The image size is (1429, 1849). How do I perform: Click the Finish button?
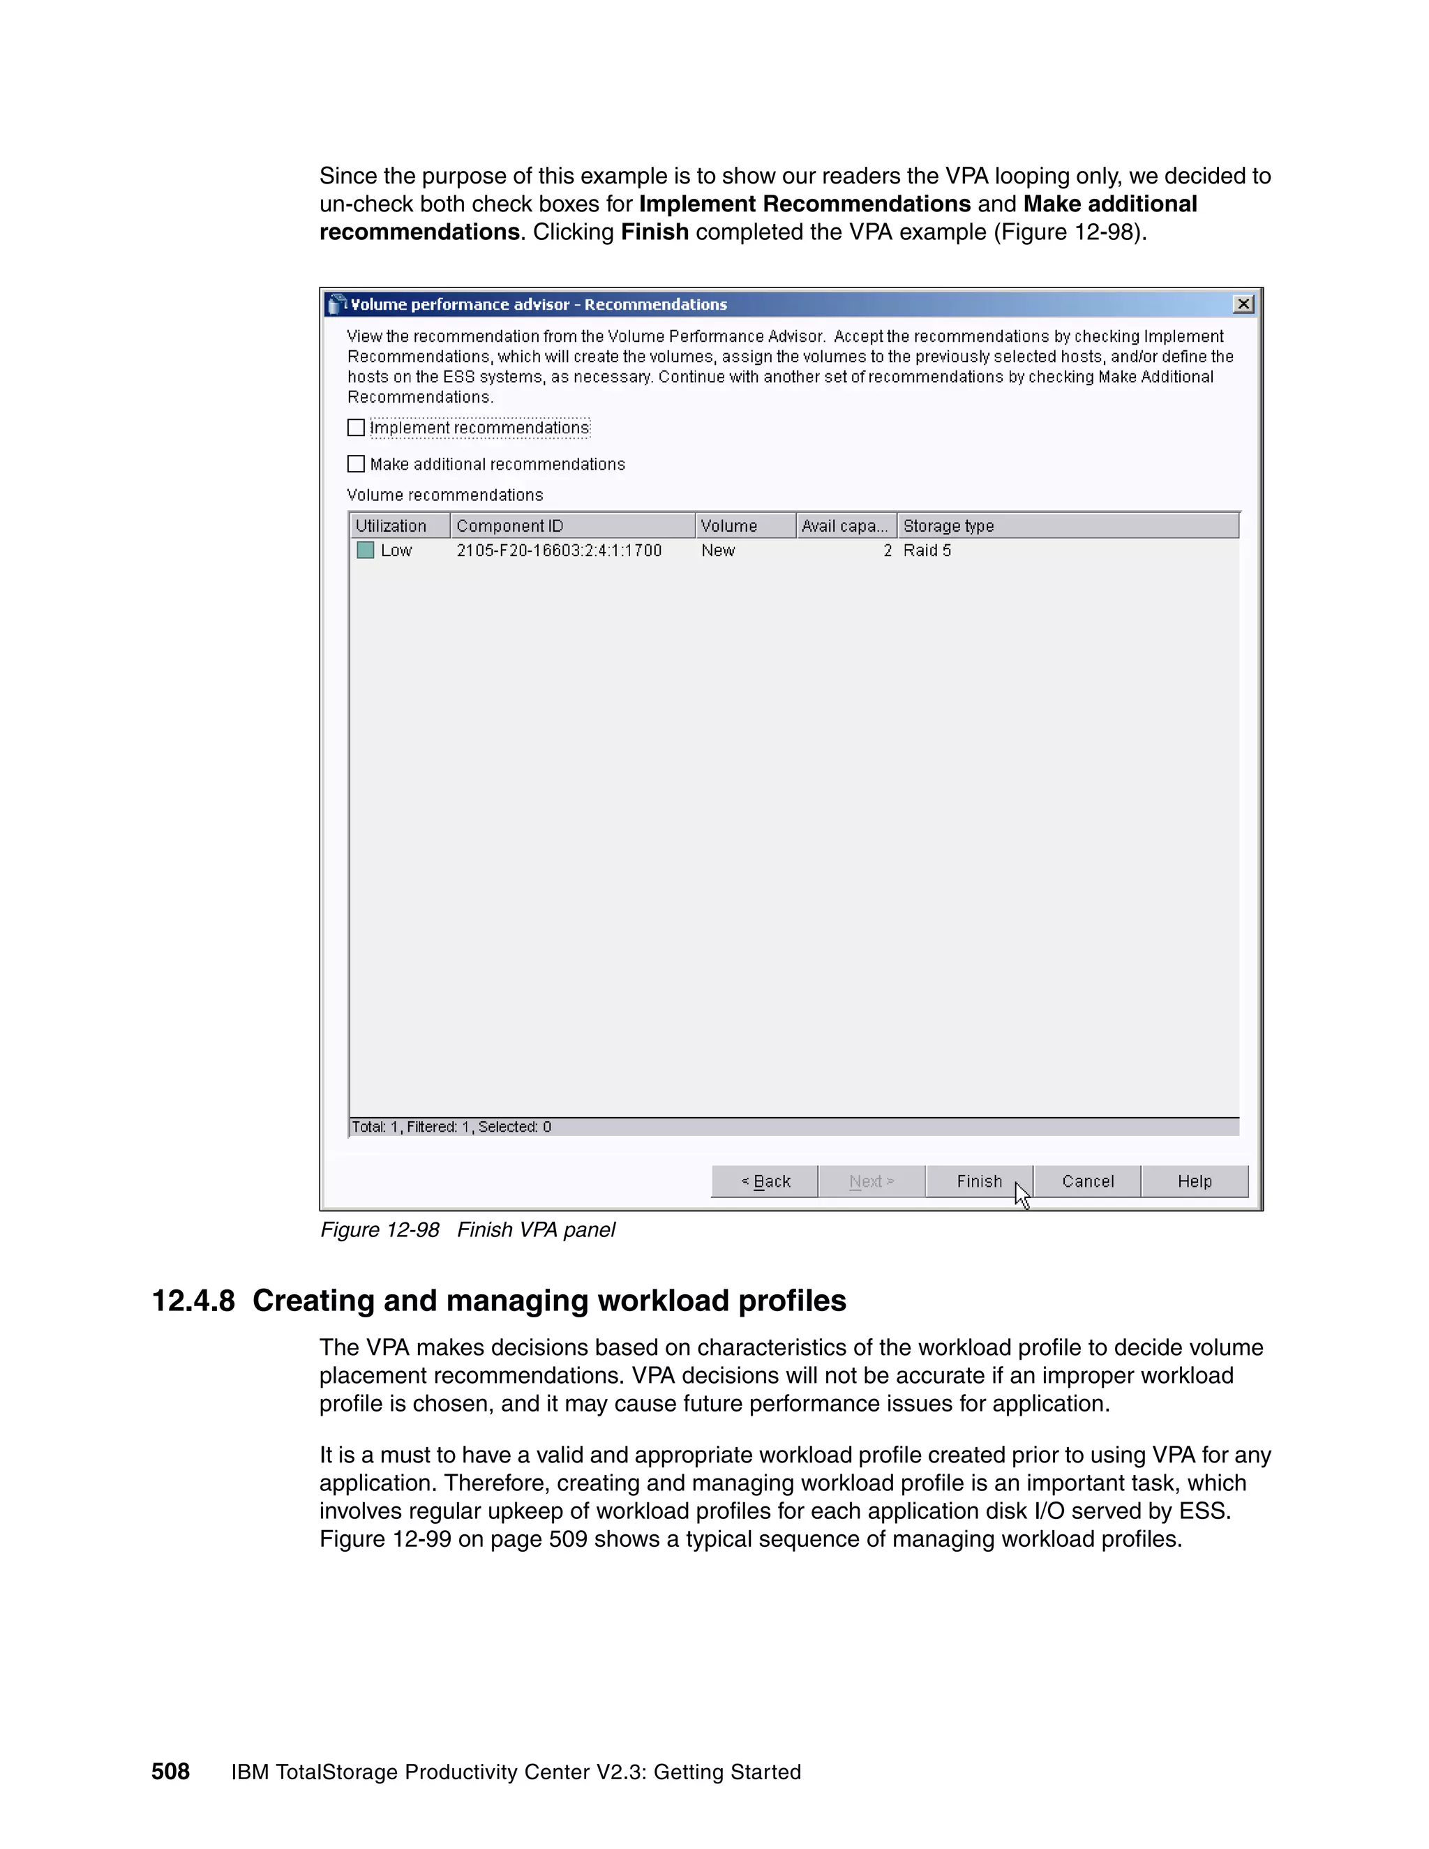click(x=979, y=1181)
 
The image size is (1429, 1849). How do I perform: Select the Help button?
click(x=1194, y=1181)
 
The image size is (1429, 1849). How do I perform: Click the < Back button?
click(x=765, y=1181)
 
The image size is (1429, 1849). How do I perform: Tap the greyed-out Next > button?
click(x=871, y=1181)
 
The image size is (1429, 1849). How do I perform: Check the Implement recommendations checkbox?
click(x=357, y=428)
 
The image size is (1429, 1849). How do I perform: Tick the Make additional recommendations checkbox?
click(x=357, y=464)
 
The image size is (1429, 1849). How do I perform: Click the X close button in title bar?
click(x=1243, y=304)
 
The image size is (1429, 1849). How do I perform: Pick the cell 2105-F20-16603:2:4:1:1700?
click(x=559, y=551)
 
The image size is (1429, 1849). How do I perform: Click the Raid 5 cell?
click(x=927, y=551)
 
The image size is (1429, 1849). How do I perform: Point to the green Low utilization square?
click(x=366, y=551)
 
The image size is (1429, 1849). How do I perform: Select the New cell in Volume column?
click(x=718, y=551)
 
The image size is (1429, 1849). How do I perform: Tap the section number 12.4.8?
click(x=193, y=1301)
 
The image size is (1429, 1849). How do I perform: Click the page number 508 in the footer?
click(x=170, y=1772)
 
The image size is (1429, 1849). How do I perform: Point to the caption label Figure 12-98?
click(x=380, y=1229)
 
